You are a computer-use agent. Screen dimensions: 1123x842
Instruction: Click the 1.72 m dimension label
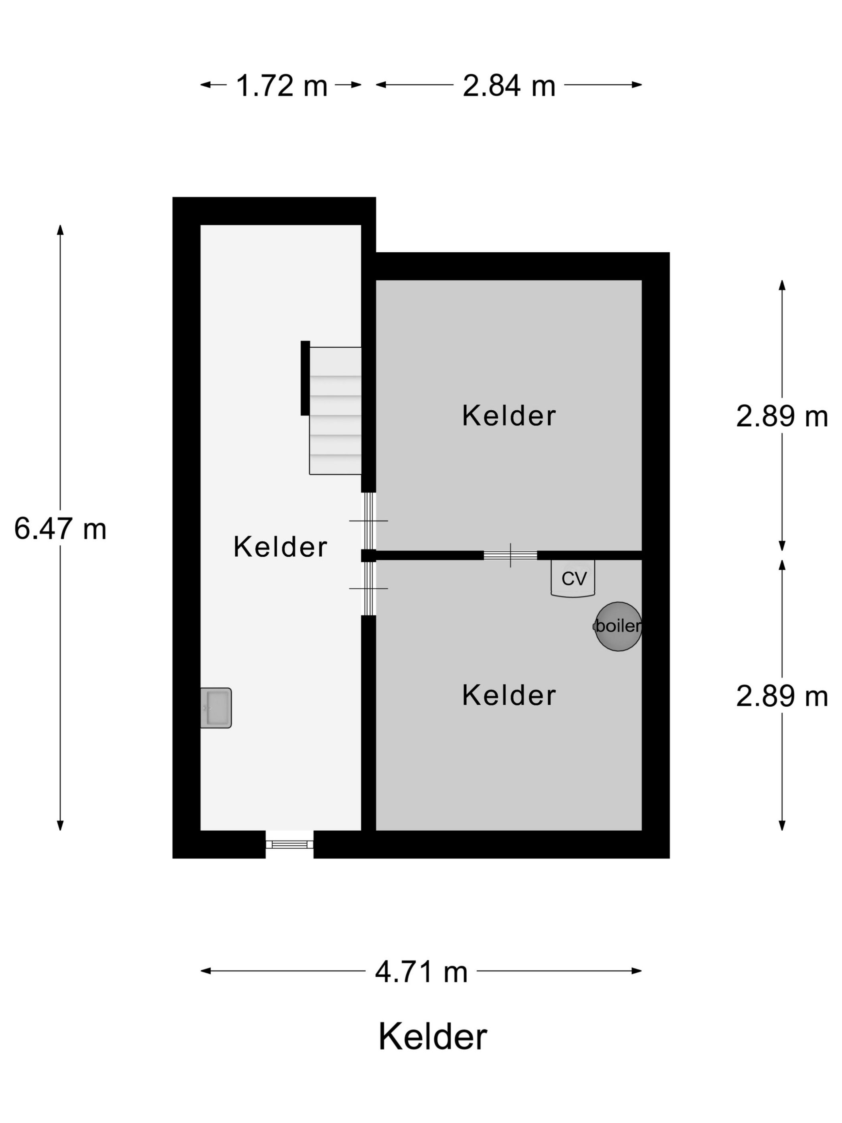click(x=282, y=85)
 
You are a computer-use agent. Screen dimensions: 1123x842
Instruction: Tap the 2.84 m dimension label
click(x=508, y=85)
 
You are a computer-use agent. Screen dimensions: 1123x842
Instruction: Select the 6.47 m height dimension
click(x=60, y=529)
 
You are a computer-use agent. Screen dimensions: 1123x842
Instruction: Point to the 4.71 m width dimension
click(x=421, y=972)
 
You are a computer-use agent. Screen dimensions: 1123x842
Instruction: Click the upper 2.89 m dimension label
click(x=781, y=416)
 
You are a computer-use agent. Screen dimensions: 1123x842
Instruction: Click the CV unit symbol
click(x=573, y=578)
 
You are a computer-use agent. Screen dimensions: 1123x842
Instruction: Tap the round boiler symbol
click(x=618, y=626)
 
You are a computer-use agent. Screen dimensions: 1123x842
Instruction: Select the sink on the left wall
click(x=216, y=708)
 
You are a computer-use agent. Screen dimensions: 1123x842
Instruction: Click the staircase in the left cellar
click(x=335, y=410)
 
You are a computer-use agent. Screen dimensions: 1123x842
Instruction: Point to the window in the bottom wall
click(x=289, y=844)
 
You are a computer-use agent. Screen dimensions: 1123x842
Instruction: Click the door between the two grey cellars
click(x=510, y=555)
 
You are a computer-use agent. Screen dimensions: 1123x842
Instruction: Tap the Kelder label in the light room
click(x=280, y=547)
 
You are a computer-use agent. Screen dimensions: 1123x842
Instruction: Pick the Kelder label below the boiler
click(x=508, y=695)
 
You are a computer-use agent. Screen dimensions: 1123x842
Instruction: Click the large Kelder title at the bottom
click(x=432, y=1037)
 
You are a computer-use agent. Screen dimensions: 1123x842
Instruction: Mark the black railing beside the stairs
click(x=305, y=378)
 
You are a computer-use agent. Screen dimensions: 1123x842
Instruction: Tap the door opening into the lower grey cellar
click(x=368, y=588)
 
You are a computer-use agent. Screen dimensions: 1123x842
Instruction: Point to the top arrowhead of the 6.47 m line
click(x=60, y=229)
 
